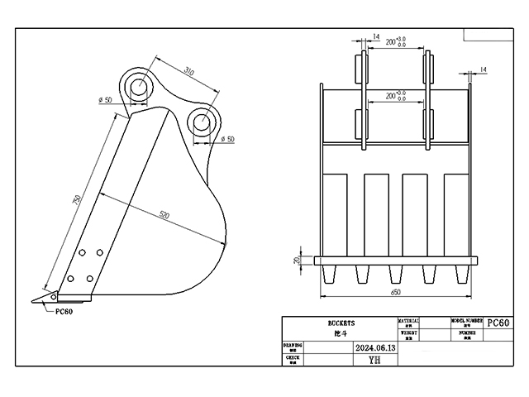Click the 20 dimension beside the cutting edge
coord(297,260)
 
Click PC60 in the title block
coord(499,323)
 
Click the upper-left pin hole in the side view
coord(138,84)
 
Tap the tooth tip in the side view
coord(36,300)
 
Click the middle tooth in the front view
coord(392,272)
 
